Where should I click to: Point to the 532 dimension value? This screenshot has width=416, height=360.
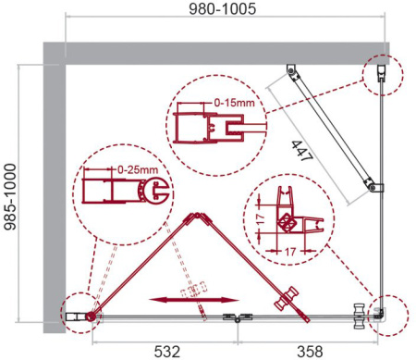[161, 350]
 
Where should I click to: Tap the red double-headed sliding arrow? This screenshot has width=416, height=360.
[191, 299]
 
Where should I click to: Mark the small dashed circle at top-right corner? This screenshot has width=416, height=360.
[382, 72]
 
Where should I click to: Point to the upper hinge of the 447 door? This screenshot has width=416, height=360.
[292, 71]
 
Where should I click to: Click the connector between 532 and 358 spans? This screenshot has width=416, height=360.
[239, 317]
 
